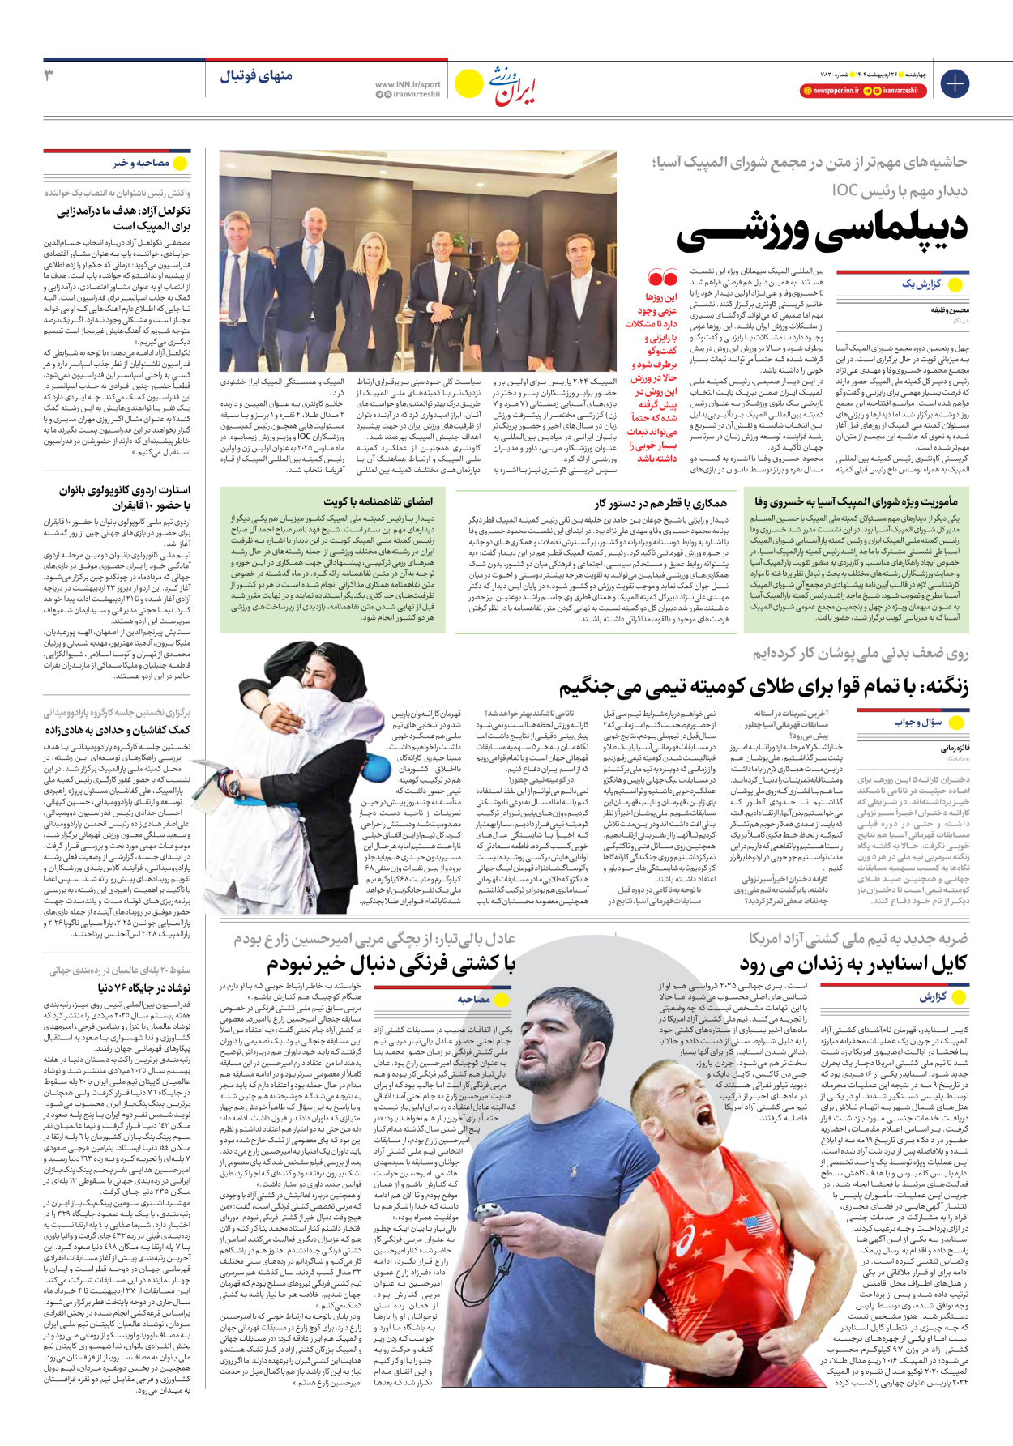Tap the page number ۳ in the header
[x=49, y=75]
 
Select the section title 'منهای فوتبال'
[x=255, y=76]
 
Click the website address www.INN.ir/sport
[x=408, y=84]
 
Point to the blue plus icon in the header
[x=955, y=83]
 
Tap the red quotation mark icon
[x=662, y=279]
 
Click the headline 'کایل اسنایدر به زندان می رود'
[x=853, y=964]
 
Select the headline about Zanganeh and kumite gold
[x=763, y=687]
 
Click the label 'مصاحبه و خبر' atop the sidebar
[x=141, y=164]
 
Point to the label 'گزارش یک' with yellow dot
[x=921, y=284]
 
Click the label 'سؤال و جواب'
[x=918, y=722]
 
